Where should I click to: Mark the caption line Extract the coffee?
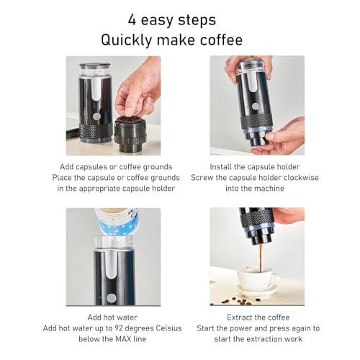tap(258, 318)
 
